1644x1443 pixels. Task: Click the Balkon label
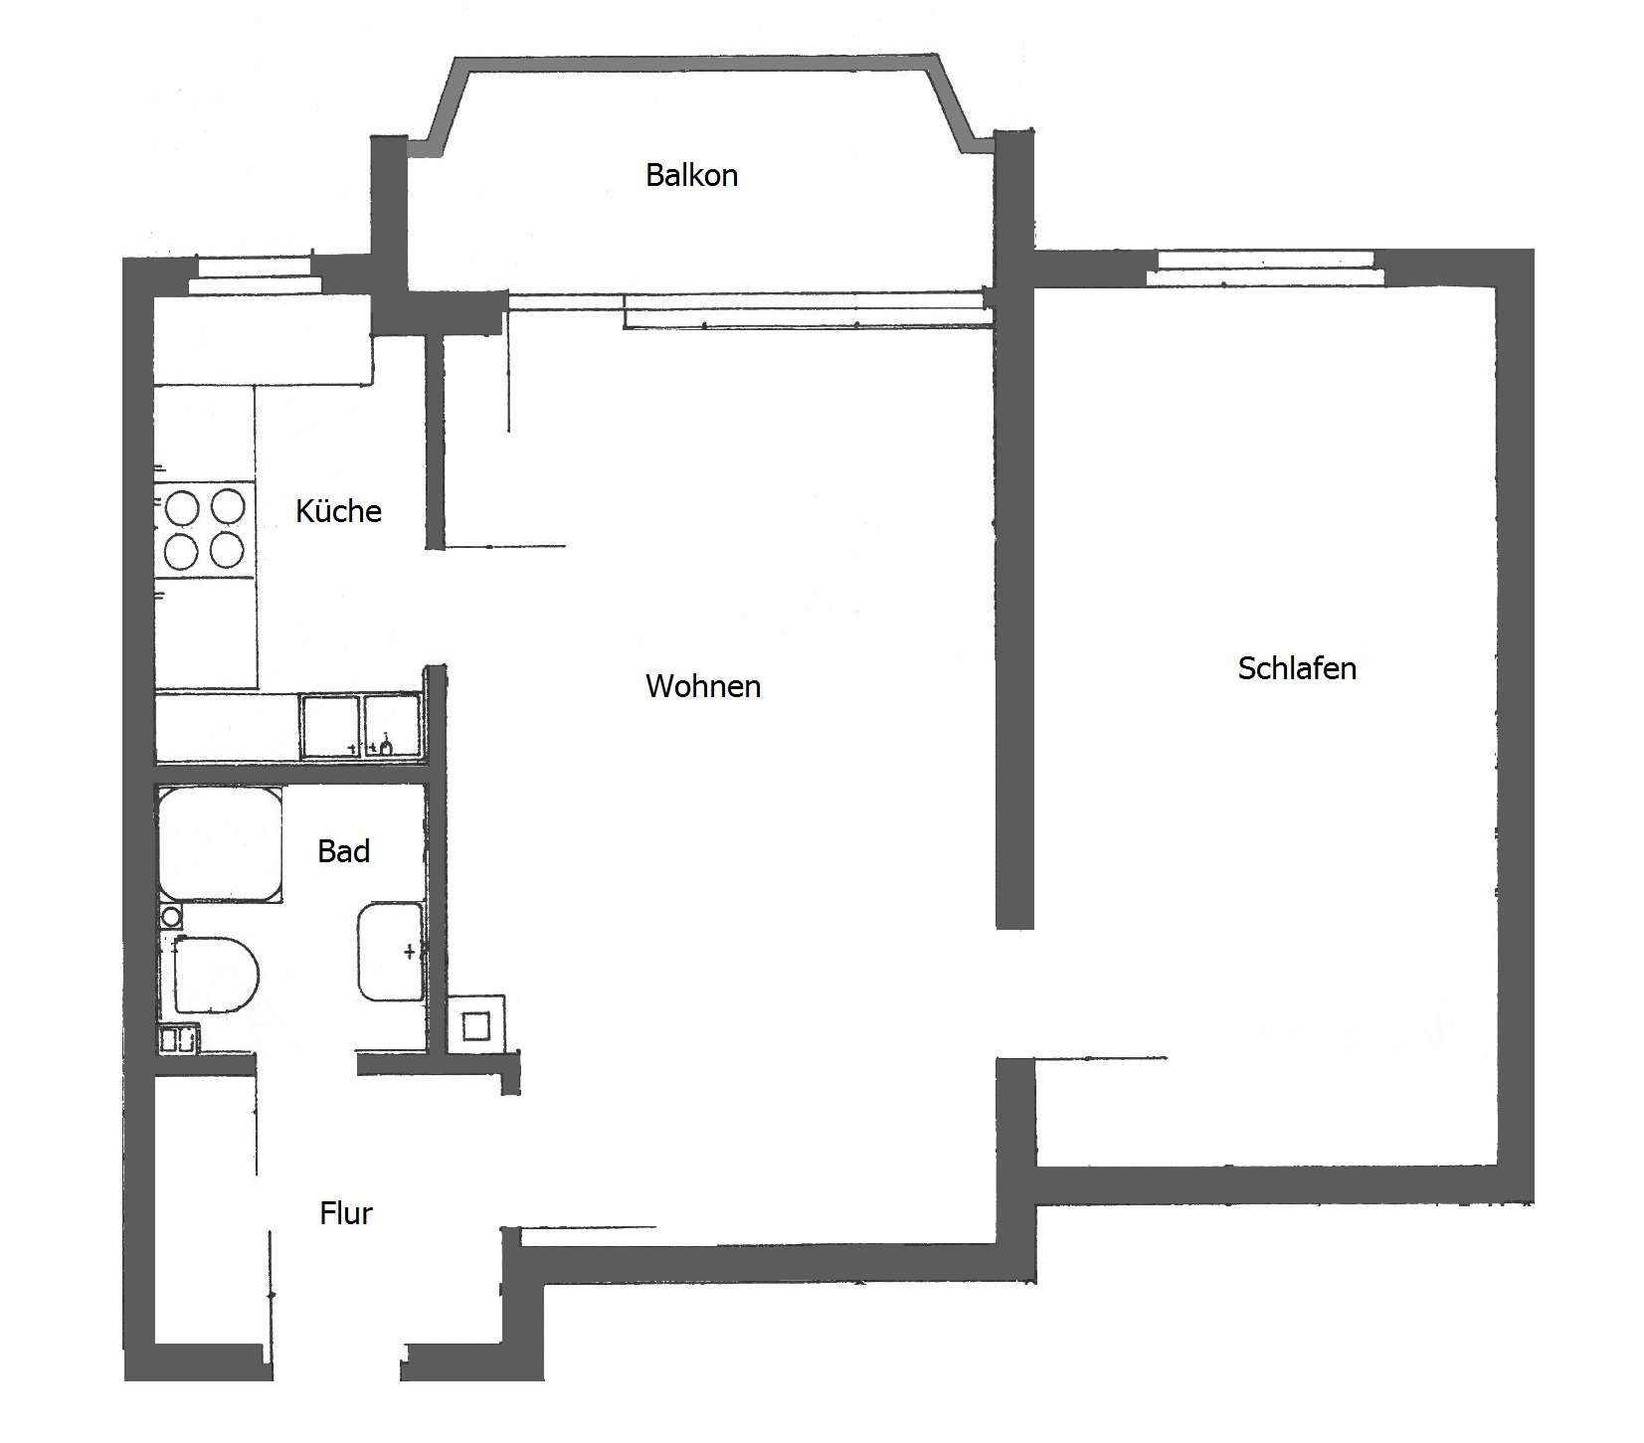click(691, 175)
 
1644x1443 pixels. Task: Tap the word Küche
click(338, 511)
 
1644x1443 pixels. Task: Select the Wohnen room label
click(703, 686)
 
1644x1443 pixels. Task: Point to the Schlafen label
click(1297, 668)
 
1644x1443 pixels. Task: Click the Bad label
click(343, 851)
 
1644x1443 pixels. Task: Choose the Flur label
click(346, 1213)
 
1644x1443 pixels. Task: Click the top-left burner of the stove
click(183, 507)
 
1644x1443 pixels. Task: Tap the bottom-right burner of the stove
click(228, 550)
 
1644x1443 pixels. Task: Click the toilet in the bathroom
click(215, 974)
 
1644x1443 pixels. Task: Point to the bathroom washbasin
click(391, 952)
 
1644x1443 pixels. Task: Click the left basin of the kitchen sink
click(330, 726)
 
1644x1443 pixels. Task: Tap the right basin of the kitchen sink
click(392, 726)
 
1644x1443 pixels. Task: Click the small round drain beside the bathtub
click(171, 916)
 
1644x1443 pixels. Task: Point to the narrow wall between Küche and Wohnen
click(435, 443)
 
